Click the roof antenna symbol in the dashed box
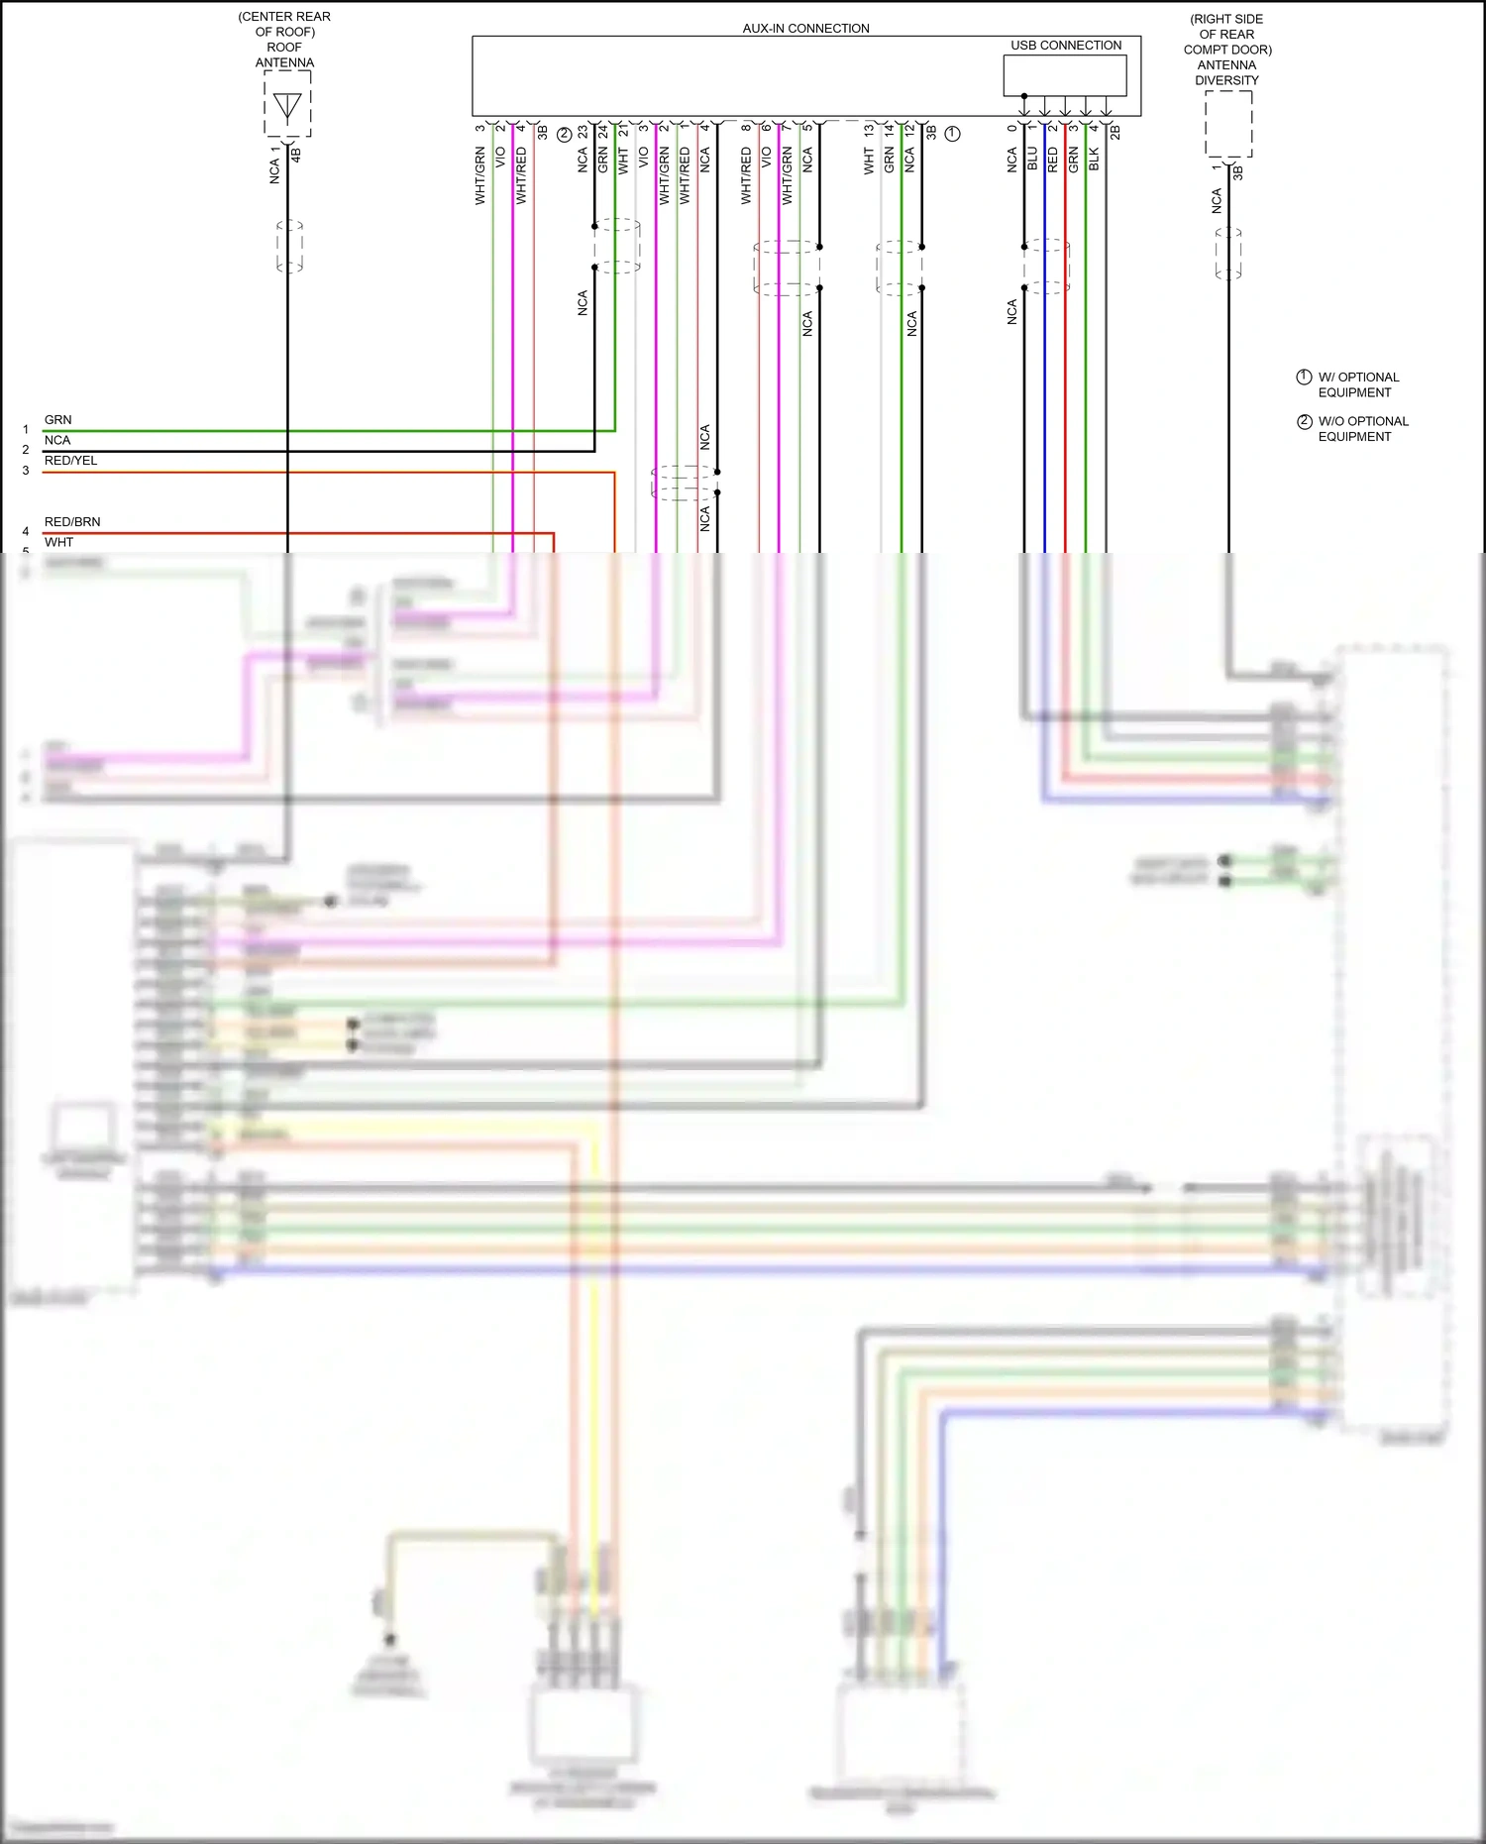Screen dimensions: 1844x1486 [287, 106]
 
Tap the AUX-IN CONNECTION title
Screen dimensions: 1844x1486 [805, 28]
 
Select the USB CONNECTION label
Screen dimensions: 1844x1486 [1066, 46]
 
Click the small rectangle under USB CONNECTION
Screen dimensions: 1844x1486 [1065, 75]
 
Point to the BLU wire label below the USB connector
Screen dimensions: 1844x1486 [1032, 159]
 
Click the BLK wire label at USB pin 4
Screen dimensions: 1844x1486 [1094, 159]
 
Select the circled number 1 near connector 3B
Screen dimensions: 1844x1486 [952, 133]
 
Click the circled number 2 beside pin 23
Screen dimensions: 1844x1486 [564, 134]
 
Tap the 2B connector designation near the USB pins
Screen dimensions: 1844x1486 [1114, 132]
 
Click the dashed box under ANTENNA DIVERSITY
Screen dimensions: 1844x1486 [1228, 124]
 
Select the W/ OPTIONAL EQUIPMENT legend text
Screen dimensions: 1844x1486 [1357, 384]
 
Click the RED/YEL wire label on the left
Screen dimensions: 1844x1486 [70, 460]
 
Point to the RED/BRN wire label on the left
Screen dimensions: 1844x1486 [72, 521]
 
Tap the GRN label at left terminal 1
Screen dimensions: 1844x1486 [58, 419]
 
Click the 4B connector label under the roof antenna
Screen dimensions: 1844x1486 [295, 155]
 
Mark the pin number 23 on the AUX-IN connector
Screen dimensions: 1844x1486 [583, 130]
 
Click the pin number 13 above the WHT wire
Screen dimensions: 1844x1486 [869, 130]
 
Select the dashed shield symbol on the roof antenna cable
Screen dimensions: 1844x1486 [289, 246]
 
